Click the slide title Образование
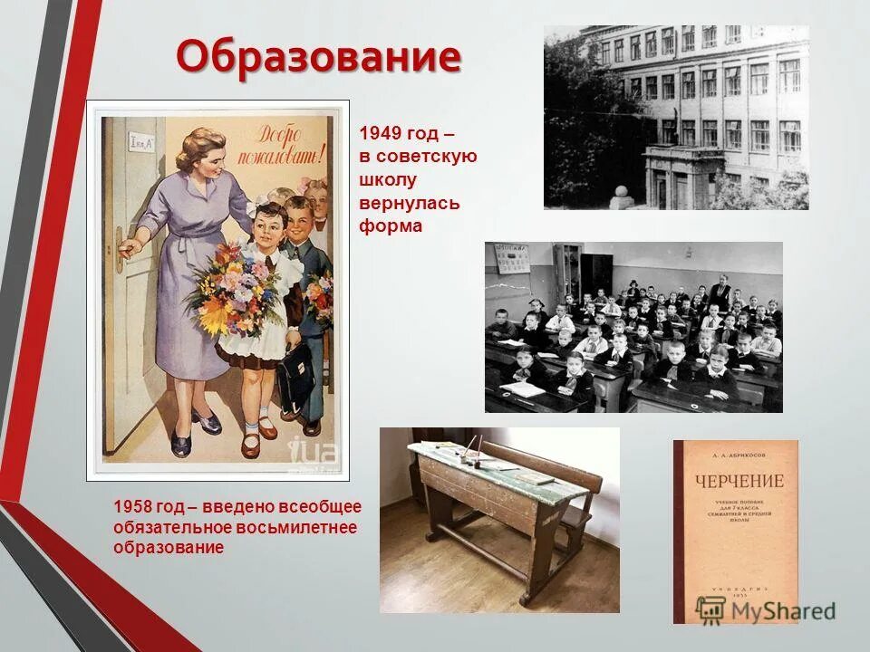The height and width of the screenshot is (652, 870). tap(318, 57)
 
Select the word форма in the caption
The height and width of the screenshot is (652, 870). tap(391, 226)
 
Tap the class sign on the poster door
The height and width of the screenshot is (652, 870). tap(140, 142)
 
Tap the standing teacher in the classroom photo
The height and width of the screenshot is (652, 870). tap(720, 290)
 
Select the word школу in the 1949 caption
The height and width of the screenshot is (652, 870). tap(388, 179)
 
